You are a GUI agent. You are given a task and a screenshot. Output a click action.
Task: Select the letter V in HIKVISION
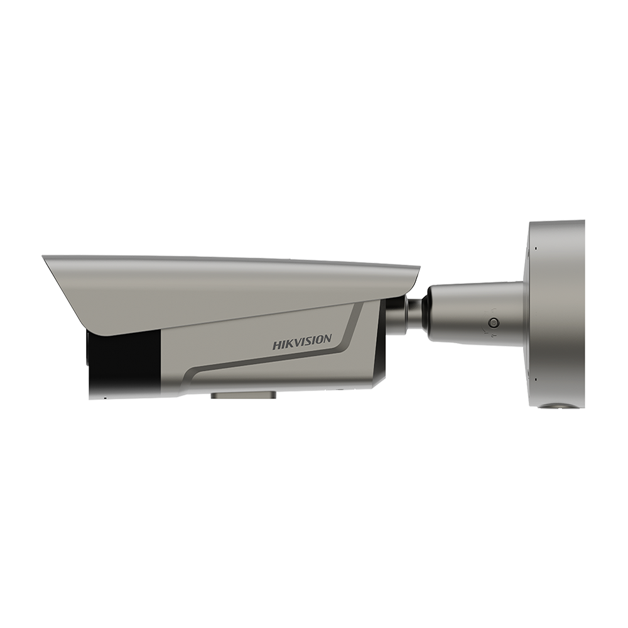pos(297,343)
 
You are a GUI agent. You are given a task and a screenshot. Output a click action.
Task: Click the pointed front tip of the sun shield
pos(45,259)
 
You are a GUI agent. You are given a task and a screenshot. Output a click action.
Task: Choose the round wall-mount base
pos(556,314)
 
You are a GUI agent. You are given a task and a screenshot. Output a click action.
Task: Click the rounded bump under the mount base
pos(555,406)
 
